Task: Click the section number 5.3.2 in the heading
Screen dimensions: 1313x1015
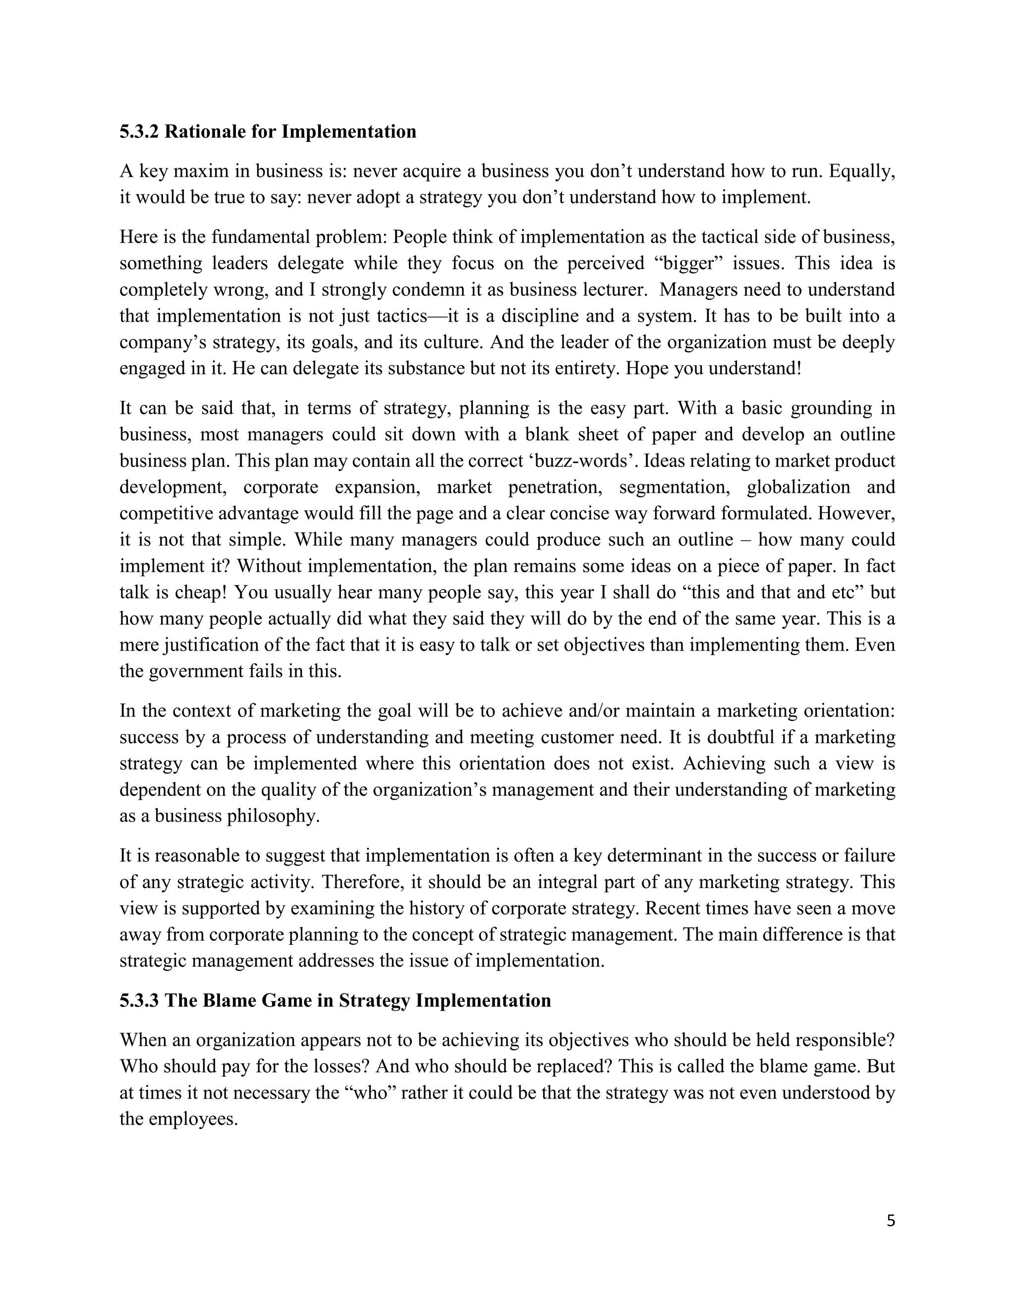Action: coord(139,132)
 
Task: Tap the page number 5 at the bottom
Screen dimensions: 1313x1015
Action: coord(891,1221)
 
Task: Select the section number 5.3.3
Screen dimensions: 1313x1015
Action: coord(139,1000)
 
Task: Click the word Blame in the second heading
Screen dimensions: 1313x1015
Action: coord(231,1000)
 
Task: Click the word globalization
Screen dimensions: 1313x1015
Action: coord(798,487)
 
